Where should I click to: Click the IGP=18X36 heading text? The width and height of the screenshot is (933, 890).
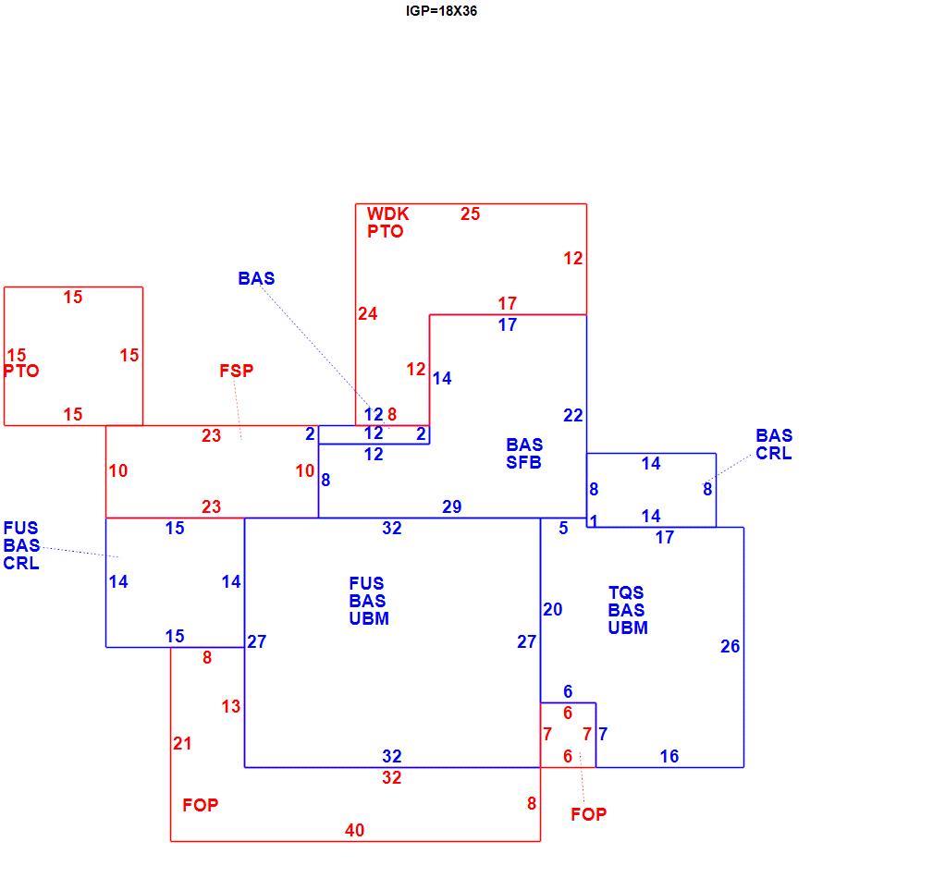click(441, 11)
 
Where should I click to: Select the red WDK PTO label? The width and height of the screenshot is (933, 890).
click(387, 223)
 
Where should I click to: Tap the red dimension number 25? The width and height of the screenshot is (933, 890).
click(470, 214)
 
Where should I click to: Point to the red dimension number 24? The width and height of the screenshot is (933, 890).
click(368, 313)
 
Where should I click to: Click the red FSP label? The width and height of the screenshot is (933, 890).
click(236, 371)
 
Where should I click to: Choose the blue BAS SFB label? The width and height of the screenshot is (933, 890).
click(524, 453)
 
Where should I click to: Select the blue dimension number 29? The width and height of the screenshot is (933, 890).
click(451, 506)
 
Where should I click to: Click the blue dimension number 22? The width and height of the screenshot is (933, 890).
click(573, 415)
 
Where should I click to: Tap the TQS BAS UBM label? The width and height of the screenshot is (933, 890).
click(628, 610)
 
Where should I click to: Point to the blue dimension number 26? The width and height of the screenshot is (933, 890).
click(730, 646)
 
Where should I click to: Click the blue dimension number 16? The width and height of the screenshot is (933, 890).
click(669, 756)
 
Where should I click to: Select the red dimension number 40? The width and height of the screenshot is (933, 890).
click(355, 830)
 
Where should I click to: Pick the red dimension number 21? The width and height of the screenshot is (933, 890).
click(183, 743)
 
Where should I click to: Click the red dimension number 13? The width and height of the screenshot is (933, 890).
click(231, 706)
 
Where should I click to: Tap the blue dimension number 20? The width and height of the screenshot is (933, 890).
click(553, 609)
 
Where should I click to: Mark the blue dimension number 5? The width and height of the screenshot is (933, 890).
click(563, 528)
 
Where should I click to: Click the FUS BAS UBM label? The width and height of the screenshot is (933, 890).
click(369, 601)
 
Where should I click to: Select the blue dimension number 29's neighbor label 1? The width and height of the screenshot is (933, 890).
click(594, 521)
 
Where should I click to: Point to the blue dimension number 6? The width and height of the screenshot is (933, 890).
click(568, 691)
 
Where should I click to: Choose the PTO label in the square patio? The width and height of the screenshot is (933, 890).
click(21, 371)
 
